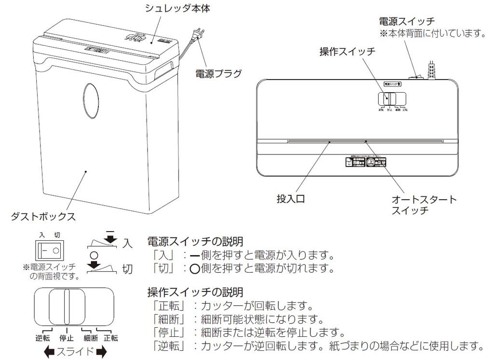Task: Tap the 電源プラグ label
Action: coord(218,74)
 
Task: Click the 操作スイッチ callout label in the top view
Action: coord(347,52)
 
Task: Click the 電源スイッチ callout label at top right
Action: coord(407,21)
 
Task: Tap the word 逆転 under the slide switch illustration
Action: coord(43,338)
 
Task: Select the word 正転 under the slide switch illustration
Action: coord(110,338)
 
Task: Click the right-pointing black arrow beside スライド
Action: coord(101,352)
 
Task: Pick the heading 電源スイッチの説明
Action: coord(194,241)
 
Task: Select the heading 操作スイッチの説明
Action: coord(194,292)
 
